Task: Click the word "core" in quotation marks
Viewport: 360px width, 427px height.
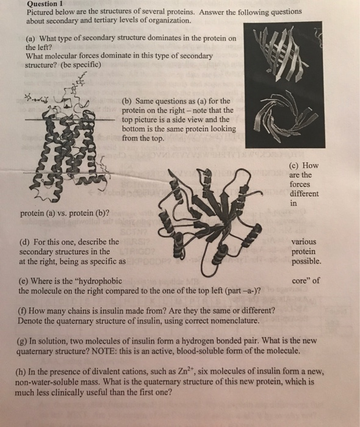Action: pyautogui.click(x=304, y=281)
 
